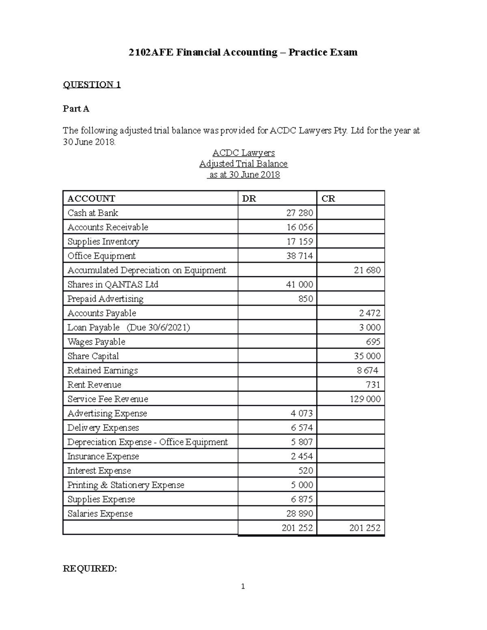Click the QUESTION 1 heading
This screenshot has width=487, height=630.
click(92, 85)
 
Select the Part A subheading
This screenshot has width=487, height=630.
click(76, 109)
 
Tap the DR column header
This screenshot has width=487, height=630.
click(249, 198)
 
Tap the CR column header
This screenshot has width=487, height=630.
click(328, 198)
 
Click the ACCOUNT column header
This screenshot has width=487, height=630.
click(91, 198)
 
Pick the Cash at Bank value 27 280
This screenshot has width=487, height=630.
click(300, 213)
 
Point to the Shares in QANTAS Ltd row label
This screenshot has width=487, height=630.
click(112, 284)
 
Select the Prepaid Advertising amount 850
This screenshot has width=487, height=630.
click(305, 299)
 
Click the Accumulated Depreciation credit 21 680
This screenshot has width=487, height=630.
click(367, 270)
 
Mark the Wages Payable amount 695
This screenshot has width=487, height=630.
click(373, 342)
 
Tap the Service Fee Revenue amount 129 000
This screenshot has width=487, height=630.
click(365, 399)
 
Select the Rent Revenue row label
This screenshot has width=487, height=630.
click(94, 385)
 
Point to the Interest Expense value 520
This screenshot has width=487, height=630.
click(305, 471)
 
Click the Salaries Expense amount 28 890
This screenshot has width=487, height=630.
click(300, 514)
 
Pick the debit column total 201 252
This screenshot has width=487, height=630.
click(297, 528)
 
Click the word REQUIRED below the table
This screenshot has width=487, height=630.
click(90, 569)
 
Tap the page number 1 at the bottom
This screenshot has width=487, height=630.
click(243, 587)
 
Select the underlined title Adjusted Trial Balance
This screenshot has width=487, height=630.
click(243, 164)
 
